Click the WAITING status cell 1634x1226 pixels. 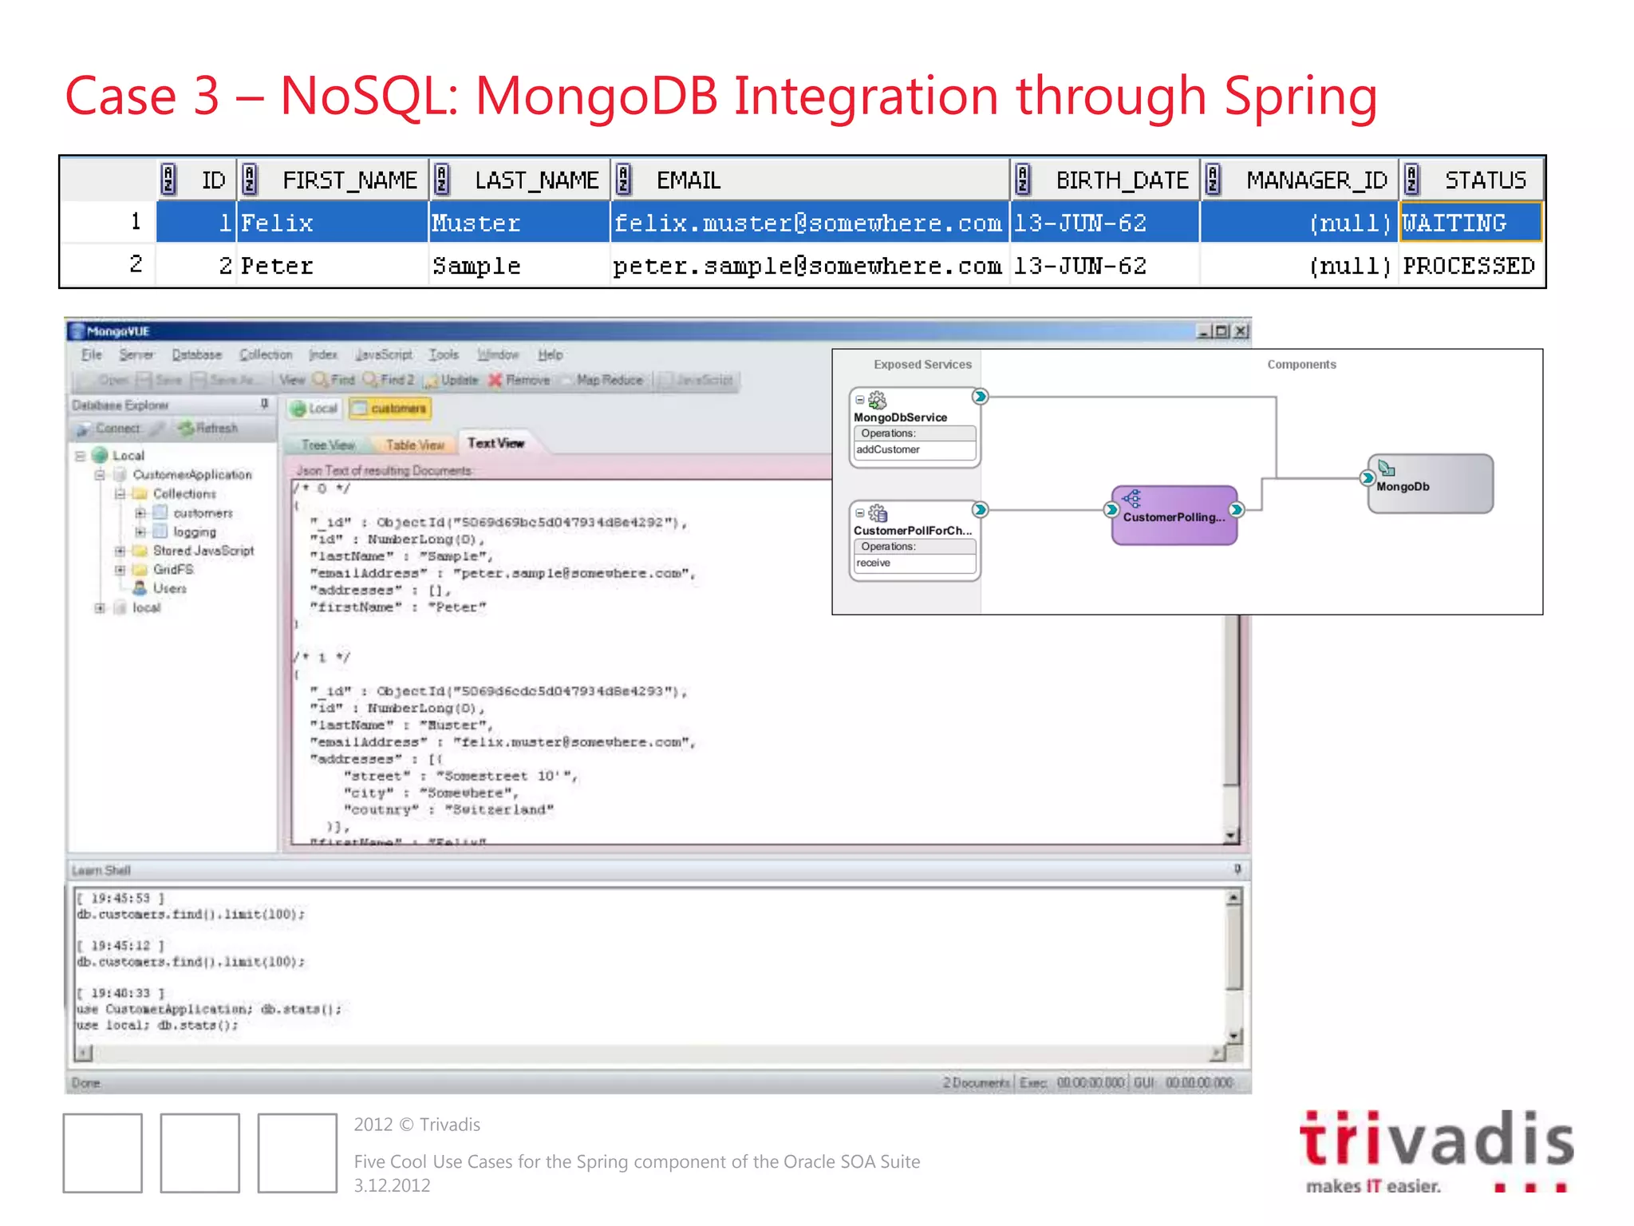(x=1470, y=223)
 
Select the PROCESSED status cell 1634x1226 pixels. (x=1470, y=266)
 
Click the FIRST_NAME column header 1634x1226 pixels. (x=349, y=180)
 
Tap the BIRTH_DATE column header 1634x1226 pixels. (x=1121, y=180)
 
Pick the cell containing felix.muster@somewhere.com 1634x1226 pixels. (x=807, y=223)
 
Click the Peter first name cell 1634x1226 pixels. (x=277, y=266)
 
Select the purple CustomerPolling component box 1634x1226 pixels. (x=1174, y=516)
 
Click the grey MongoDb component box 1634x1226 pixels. (x=1430, y=484)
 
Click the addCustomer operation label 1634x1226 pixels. (x=888, y=449)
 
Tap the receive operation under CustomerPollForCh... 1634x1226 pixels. (x=874, y=563)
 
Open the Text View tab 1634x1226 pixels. (x=495, y=443)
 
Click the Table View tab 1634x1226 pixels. (x=414, y=445)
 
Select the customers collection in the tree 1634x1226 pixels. (x=203, y=513)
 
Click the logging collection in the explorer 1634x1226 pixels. (x=195, y=532)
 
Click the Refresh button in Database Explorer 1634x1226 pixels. (x=209, y=429)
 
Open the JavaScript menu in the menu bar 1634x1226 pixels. (x=384, y=354)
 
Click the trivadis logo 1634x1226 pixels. (x=1436, y=1149)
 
